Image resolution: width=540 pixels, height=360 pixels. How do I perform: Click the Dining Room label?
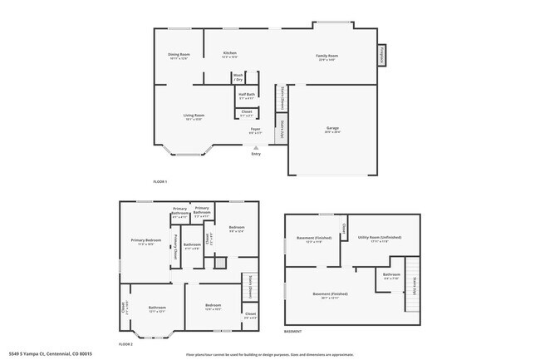[179, 56]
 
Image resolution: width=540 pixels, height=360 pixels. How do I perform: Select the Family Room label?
[326, 57]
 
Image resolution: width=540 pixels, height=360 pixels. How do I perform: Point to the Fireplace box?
[382, 55]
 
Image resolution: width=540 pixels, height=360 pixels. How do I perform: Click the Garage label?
[332, 129]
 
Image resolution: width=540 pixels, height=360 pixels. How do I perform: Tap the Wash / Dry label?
[238, 76]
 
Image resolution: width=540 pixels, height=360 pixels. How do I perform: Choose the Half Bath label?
[246, 96]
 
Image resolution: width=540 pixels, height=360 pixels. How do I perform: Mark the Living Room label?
[194, 116]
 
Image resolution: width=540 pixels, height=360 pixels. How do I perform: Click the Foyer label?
[256, 131]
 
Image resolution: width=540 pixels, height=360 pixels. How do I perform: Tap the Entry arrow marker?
[256, 147]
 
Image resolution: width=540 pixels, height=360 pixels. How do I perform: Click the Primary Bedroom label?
[146, 242]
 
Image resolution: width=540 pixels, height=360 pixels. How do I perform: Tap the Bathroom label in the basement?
[391, 275]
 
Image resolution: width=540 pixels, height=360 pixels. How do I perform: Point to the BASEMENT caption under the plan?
[292, 332]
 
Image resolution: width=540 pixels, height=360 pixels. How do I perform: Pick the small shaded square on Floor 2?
[220, 263]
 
